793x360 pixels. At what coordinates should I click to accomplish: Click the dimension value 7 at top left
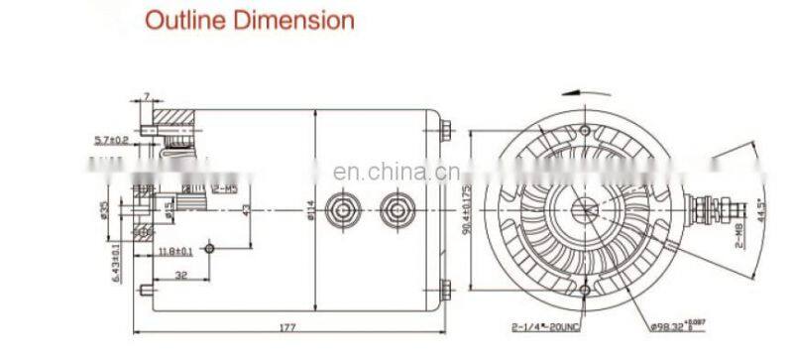(x=146, y=95)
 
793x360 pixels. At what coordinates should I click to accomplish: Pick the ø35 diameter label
(x=105, y=210)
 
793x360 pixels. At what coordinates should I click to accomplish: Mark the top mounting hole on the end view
(x=585, y=132)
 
